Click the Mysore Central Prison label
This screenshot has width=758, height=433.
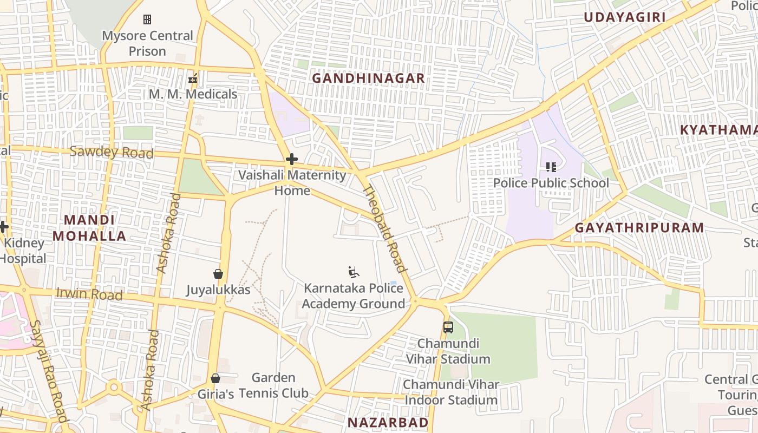pyautogui.click(x=147, y=43)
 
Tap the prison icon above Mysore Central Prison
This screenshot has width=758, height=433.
pyautogui.click(x=147, y=20)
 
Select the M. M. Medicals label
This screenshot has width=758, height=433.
pyautogui.click(x=193, y=94)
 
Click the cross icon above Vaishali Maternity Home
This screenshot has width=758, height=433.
pyautogui.click(x=292, y=159)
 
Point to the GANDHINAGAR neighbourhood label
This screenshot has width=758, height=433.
pyautogui.click(x=368, y=78)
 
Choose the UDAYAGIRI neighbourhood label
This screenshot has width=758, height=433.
pyautogui.click(x=624, y=17)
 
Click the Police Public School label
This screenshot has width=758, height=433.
pyautogui.click(x=551, y=183)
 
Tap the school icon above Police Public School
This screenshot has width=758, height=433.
pyautogui.click(x=551, y=167)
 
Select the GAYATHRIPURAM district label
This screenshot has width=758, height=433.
pyautogui.click(x=639, y=228)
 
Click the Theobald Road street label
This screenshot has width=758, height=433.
pyautogui.click(x=384, y=229)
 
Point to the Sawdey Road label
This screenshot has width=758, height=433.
pyautogui.click(x=112, y=152)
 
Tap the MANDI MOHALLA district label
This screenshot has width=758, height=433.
pyautogui.click(x=89, y=228)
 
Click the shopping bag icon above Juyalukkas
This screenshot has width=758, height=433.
pyautogui.click(x=218, y=274)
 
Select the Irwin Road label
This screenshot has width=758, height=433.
pyautogui.click(x=89, y=294)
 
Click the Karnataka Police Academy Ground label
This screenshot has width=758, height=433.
pyautogui.click(x=353, y=296)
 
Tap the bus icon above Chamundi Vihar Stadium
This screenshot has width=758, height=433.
pyautogui.click(x=448, y=327)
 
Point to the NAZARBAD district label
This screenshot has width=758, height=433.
pyautogui.click(x=388, y=422)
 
